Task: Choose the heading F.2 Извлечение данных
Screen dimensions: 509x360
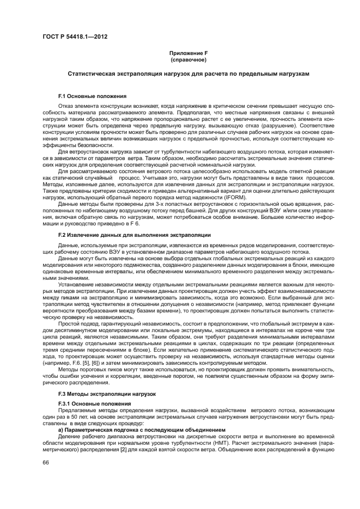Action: [x=134, y=235]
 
